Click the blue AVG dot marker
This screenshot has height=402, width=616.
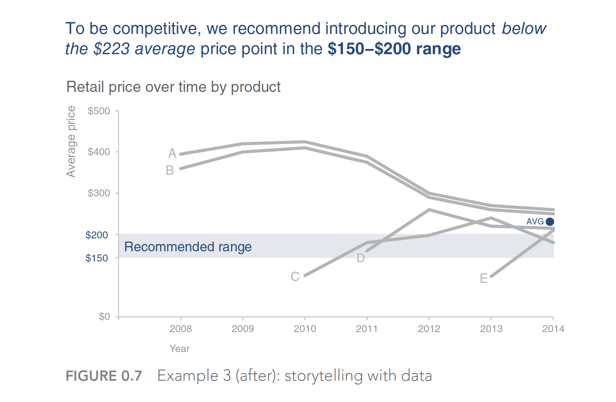(x=550, y=222)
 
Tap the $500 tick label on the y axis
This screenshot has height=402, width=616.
(x=99, y=111)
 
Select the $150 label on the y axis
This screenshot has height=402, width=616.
(x=97, y=258)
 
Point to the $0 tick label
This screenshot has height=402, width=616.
(x=104, y=316)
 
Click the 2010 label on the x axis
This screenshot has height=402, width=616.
(x=305, y=329)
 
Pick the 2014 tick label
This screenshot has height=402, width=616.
(x=553, y=329)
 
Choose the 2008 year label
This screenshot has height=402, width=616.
(x=181, y=329)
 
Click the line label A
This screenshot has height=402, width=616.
(x=172, y=153)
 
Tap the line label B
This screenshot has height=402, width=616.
(x=170, y=170)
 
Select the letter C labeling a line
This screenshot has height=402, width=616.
(x=295, y=277)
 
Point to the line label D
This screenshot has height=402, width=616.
(x=361, y=258)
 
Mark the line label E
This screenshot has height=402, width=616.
(x=484, y=278)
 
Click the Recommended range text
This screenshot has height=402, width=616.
(x=188, y=247)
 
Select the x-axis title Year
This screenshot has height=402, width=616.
(x=179, y=349)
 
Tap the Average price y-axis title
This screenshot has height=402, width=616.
(x=71, y=142)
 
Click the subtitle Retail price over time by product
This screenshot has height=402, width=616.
(x=174, y=87)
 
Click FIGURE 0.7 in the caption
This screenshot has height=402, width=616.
(x=104, y=376)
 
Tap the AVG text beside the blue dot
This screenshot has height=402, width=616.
(x=535, y=222)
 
